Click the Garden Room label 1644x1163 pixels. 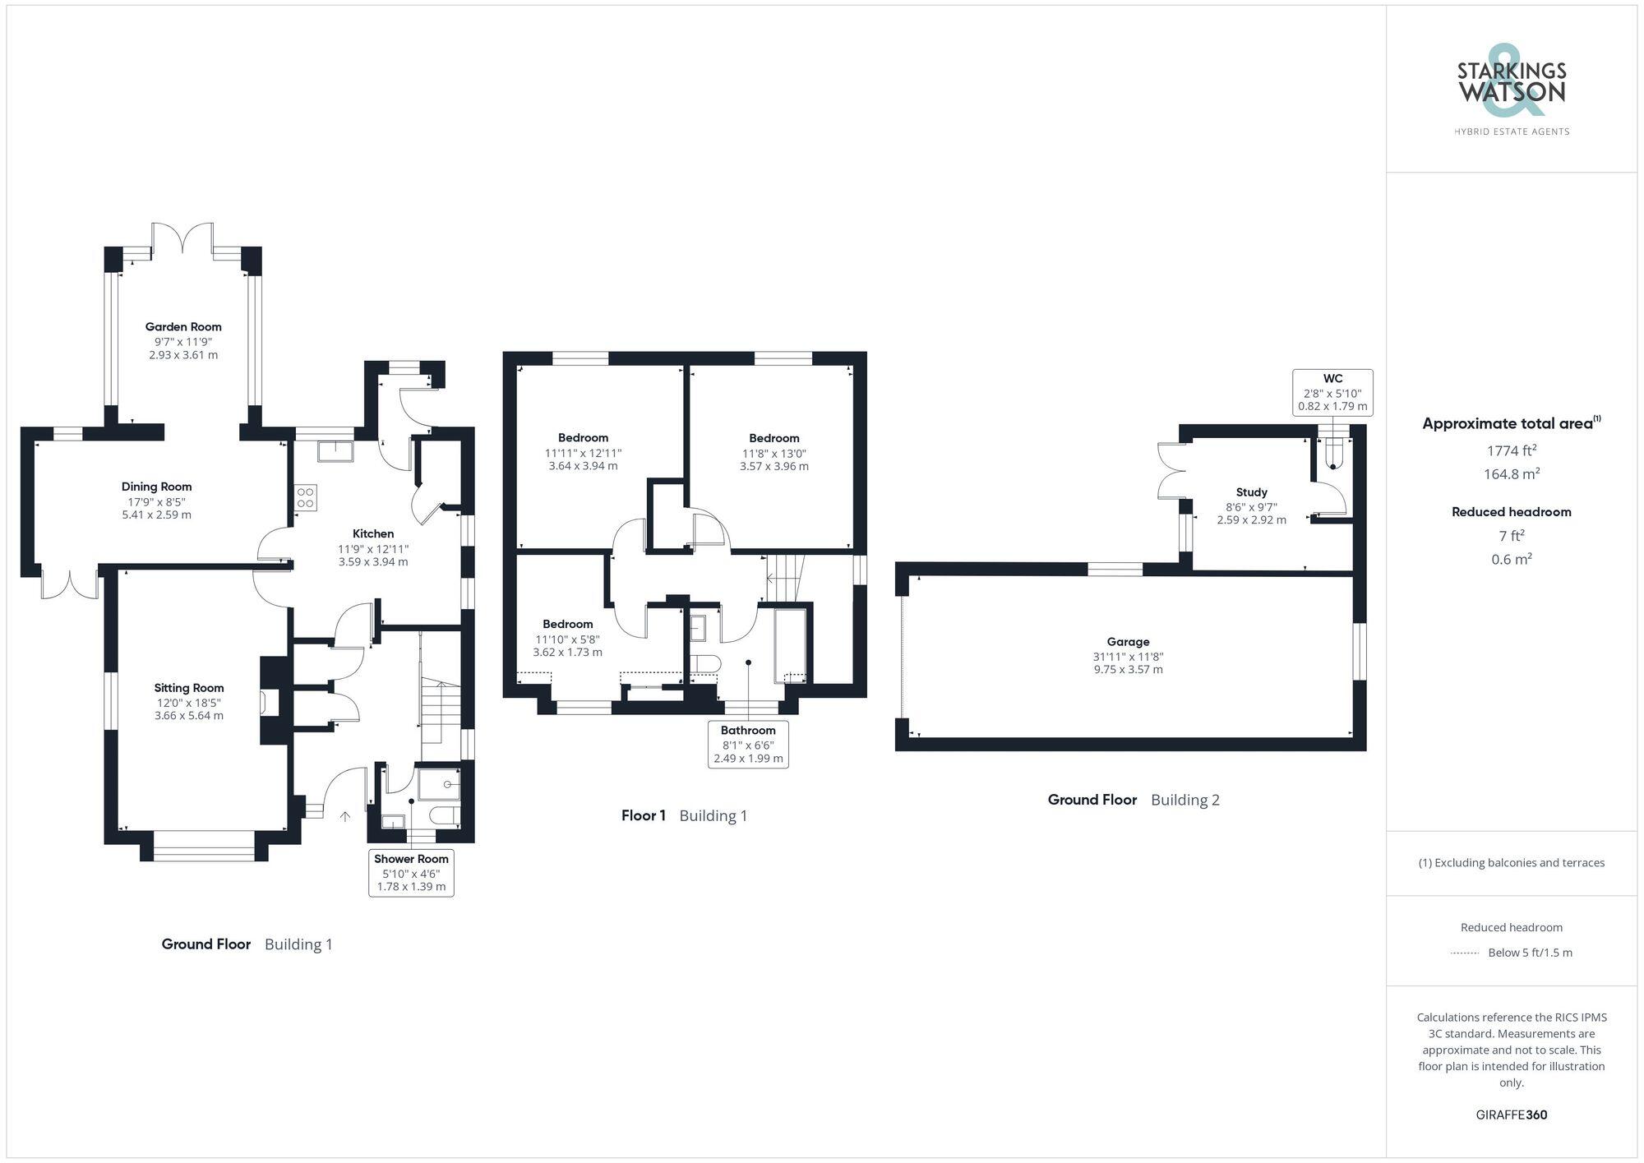(183, 326)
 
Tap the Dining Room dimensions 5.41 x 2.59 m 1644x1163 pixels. (156, 515)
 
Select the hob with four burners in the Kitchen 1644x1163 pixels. (305, 497)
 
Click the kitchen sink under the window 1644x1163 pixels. (335, 450)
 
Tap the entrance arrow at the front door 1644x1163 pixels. (345, 816)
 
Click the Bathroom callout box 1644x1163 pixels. (748, 744)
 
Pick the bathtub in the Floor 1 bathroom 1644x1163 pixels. (791, 645)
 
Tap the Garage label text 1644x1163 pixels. (1128, 642)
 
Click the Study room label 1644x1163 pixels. (1251, 492)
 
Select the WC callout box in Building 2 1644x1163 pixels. (1332, 392)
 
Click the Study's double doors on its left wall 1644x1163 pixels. (1171, 471)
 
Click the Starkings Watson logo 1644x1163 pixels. (1511, 90)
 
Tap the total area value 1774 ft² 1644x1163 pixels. (1511, 450)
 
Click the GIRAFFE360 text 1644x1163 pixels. (1511, 1115)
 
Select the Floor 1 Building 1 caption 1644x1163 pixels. (684, 815)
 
